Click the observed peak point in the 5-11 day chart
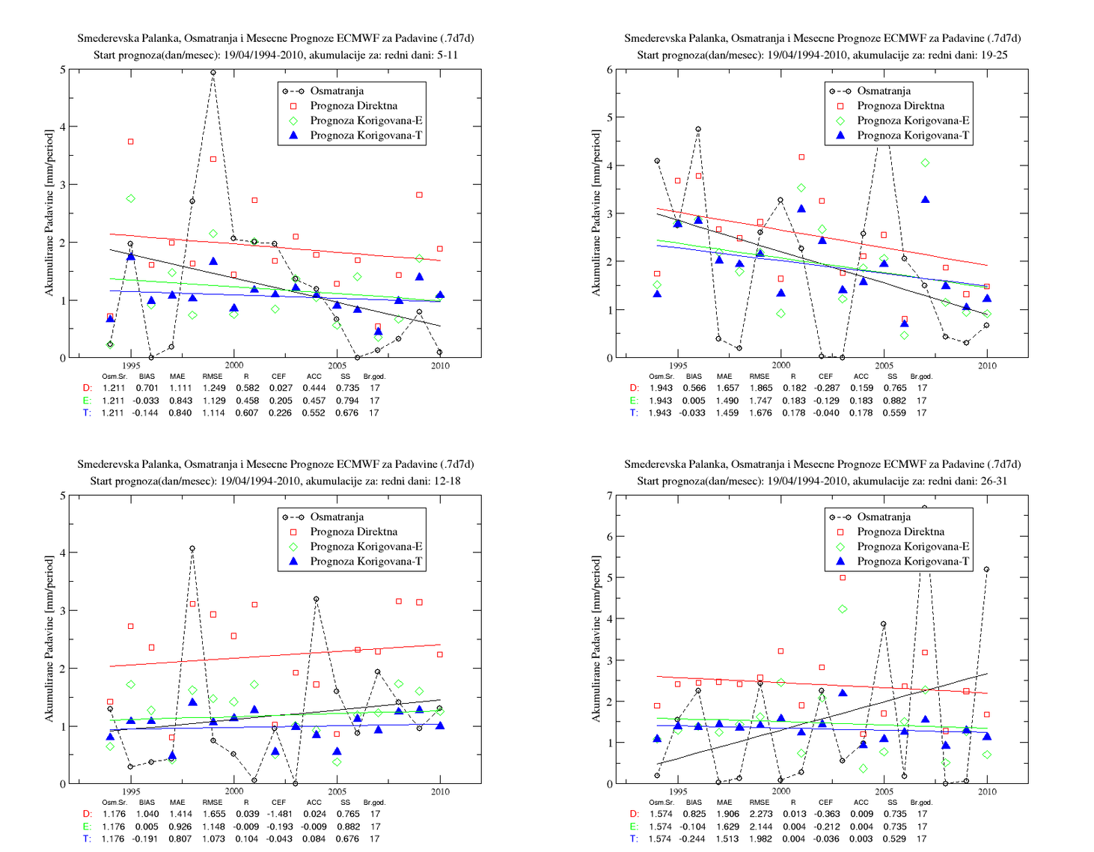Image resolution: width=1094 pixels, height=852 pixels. tap(213, 73)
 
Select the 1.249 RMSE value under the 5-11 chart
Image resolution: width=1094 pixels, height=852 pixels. tap(213, 388)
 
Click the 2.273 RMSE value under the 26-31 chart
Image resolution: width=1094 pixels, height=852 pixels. tap(761, 814)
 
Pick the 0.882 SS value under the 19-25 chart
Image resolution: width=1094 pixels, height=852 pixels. tap(894, 401)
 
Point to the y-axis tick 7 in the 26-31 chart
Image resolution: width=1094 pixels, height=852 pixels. tap(610, 496)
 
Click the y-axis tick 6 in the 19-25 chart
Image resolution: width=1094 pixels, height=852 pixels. tap(610, 70)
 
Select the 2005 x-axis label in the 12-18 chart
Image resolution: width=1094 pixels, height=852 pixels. tap(337, 791)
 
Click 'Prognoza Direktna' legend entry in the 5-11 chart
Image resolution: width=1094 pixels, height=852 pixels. tap(354, 106)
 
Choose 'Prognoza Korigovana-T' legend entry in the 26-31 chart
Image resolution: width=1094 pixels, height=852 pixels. tap(913, 562)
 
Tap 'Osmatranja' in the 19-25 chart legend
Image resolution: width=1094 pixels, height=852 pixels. tap(884, 91)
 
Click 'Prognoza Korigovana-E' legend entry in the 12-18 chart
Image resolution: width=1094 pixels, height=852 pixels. tap(366, 547)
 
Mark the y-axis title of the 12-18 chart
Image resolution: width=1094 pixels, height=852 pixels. tap(49, 639)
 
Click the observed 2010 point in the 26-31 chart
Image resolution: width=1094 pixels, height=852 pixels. tap(987, 570)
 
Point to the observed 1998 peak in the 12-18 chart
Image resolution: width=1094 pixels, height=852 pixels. tap(192, 548)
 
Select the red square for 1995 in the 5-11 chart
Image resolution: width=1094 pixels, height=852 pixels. tap(131, 142)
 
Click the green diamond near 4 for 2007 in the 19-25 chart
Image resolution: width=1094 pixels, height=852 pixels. tap(925, 162)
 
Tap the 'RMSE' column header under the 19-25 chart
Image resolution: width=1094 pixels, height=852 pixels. tap(760, 376)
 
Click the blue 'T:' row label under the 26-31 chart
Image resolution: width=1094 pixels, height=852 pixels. tap(635, 839)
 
